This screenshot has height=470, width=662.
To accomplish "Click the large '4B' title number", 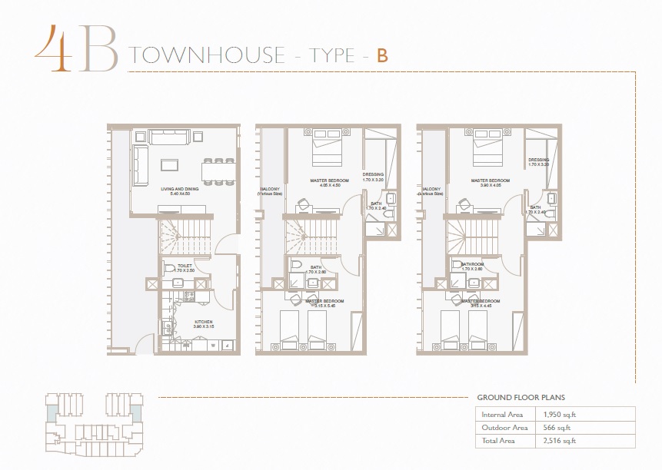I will point(75,48).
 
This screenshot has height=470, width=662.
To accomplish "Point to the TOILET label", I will point(185,266).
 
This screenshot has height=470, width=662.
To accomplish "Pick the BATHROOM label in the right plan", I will point(467,266).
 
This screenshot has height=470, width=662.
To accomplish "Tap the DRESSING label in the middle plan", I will point(373,175).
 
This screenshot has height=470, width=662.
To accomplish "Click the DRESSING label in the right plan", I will point(539,161).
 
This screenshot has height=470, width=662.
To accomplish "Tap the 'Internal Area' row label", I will point(501,415).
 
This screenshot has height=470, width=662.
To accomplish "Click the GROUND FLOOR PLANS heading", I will point(521,398).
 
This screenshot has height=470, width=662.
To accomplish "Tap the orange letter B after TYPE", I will point(382,56).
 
